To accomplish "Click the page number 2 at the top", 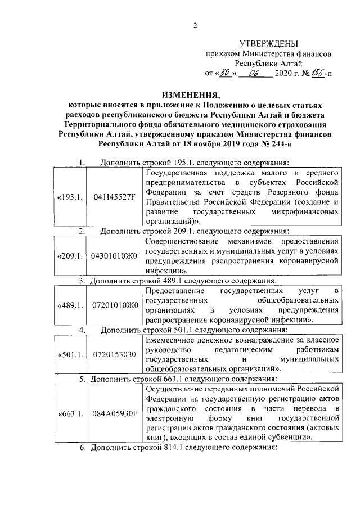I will [x=195, y=25].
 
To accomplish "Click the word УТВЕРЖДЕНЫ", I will [x=268, y=43].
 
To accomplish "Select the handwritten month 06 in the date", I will [x=256, y=73].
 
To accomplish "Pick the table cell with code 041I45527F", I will [x=114, y=197].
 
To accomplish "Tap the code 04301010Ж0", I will [x=114, y=255].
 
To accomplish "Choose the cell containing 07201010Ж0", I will [x=114, y=305].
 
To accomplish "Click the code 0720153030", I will [x=114, y=354].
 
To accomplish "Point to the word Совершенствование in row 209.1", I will [x=180, y=241].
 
